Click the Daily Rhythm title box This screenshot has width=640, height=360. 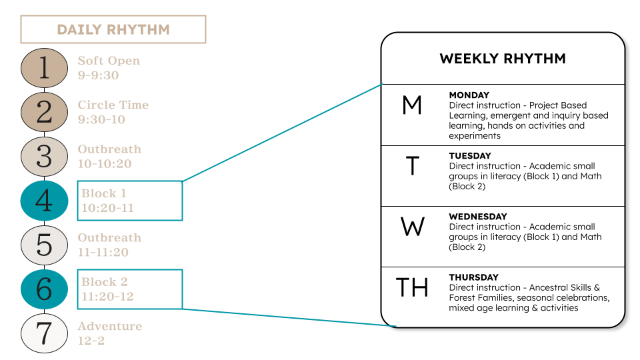pyautogui.click(x=113, y=29)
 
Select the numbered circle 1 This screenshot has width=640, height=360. pyautogui.click(x=44, y=68)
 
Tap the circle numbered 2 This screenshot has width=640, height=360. pyautogui.click(x=44, y=112)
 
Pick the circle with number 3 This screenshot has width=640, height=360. pyautogui.click(x=44, y=157)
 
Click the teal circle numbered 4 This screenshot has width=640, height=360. pyautogui.click(x=44, y=201)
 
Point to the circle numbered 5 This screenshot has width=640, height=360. pyautogui.click(x=44, y=245)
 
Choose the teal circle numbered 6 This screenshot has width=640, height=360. pyautogui.click(x=44, y=289)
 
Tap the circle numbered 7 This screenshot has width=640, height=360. pyautogui.click(x=44, y=333)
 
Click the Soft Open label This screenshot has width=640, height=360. pyautogui.click(x=109, y=61)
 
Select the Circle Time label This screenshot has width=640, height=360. pyautogui.click(x=113, y=105)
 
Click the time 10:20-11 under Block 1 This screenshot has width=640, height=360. pyautogui.click(x=107, y=208)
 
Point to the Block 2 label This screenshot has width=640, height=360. pyautogui.click(x=104, y=282)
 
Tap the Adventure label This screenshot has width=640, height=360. pyautogui.click(x=109, y=326)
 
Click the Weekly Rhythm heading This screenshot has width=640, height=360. pyautogui.click(x=503, y=59)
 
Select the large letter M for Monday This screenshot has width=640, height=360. pyautogui.click(x=413, y=105)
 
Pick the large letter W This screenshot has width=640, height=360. pyautogui.click(x=413, y=227)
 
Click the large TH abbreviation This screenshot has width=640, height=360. pyautogui.click(x=413, y=288)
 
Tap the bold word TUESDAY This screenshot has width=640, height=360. pyautogui.click(x=470, y=156)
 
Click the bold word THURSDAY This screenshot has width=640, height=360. pyautogui.click(x=473, y=277)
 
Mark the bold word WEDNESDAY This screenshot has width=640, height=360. pyautogui.click(x=477, y=217)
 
